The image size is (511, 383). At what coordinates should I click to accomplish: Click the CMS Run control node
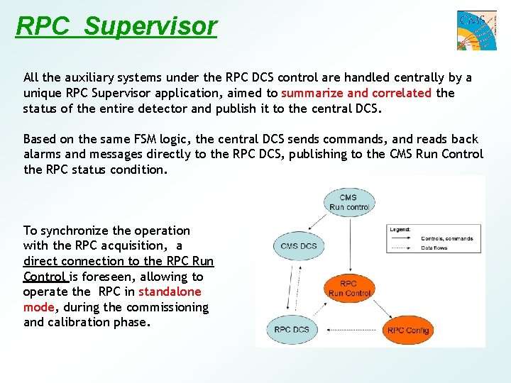click(x=348, y=202)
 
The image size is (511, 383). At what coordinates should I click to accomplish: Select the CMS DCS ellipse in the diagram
click(x=299, y=246)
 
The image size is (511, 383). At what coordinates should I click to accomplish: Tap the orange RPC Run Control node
click(x=349, y=288)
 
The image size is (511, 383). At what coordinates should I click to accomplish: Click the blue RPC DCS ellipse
click(x=292, y=329)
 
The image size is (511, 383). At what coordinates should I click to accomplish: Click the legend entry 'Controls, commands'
click(x=446, y=238)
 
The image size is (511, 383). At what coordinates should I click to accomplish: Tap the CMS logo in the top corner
click(x=476, y=30)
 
